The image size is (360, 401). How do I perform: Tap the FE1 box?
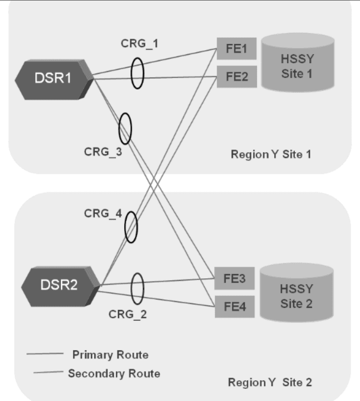tap(236, 50)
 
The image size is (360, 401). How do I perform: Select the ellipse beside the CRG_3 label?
tap(125, 128)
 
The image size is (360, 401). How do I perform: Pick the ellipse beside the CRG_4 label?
tap(131, 227)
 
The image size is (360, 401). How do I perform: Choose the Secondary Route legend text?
tap(114, 373)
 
